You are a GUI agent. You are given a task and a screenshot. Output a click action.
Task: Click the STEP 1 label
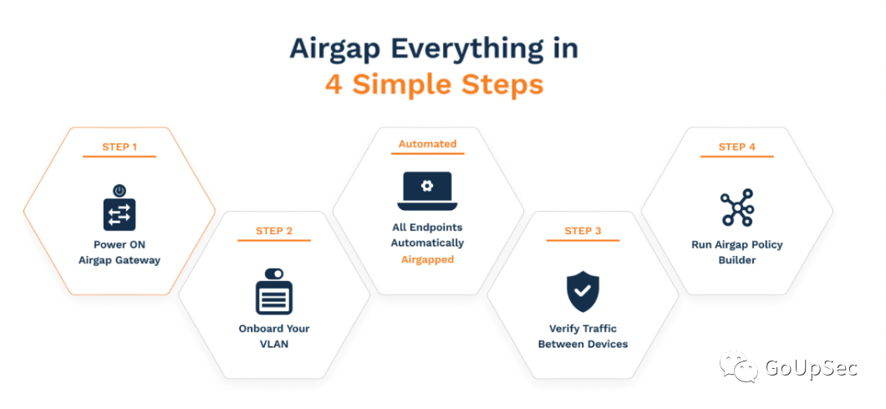pos(120,147)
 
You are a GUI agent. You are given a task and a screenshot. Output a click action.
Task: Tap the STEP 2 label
pos(274,231)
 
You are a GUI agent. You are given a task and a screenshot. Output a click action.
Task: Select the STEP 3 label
pos(583,231)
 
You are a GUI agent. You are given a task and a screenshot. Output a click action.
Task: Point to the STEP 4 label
pos(737,147)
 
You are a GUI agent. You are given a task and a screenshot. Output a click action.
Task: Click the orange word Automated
pos(428,144)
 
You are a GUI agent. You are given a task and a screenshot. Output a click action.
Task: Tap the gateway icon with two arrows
pos(120,214)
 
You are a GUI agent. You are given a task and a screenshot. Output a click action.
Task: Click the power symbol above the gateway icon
pos(120,191)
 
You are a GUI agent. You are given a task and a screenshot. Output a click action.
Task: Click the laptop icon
pos(428,191)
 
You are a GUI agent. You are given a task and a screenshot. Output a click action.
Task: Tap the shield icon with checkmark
pos(583,292)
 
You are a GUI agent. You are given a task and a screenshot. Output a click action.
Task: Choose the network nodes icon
pos(737,208)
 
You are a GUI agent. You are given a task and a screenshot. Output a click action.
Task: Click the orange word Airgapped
pos(428,260)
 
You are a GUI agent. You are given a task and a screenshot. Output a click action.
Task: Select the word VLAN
pos(274,344)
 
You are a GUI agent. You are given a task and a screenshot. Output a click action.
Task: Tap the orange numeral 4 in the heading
pos(334,84)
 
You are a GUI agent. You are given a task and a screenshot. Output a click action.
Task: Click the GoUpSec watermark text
pos(811,368)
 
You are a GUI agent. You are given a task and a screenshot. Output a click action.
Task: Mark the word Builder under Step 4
pos(737,260)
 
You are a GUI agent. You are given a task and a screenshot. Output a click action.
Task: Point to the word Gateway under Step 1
pos(139,260)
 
